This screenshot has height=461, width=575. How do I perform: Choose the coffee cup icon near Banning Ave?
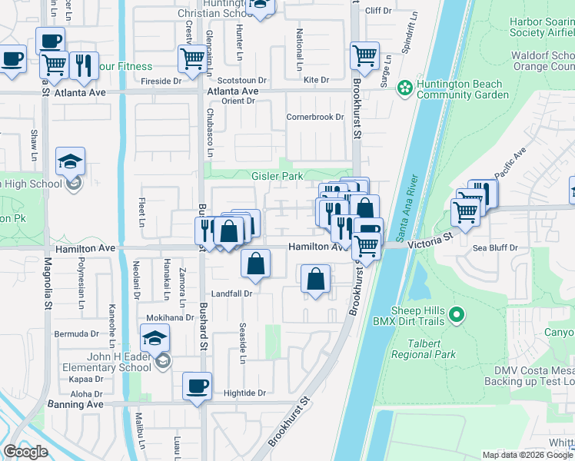tap(197, 386)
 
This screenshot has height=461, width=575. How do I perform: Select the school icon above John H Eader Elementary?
tap(155, 338)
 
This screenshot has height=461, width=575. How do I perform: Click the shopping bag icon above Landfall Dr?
tap(255, 264)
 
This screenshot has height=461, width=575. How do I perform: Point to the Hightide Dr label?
tap(244, 393)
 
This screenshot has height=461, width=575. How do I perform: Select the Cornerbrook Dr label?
tap(314, 118)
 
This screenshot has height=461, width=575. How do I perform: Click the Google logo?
tap(27, 452)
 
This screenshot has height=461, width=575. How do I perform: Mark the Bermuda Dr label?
tap(76, 334)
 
